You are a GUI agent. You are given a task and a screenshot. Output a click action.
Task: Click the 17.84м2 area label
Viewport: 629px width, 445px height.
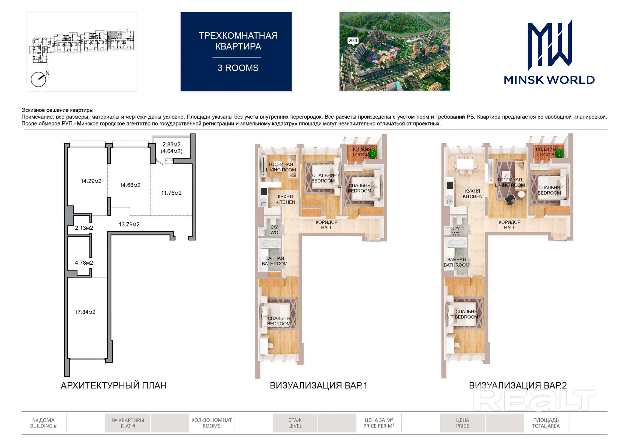click(85, 312)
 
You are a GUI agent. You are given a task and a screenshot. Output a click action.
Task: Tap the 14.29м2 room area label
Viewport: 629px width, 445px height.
click(91, 181)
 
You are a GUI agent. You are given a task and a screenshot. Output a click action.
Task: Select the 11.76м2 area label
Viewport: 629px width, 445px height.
click(171, 193)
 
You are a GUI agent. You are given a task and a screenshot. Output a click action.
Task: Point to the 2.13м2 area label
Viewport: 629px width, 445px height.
click(84, 228)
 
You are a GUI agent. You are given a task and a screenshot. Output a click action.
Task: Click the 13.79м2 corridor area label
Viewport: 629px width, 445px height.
click(129, 225)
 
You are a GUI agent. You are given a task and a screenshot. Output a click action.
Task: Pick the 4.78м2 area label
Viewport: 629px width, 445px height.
click(84, 262)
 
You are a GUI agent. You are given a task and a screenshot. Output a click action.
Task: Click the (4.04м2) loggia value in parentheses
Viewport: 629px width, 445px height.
click(171, 151)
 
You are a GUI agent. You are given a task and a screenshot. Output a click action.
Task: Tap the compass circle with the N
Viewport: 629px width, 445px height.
click(38, 79)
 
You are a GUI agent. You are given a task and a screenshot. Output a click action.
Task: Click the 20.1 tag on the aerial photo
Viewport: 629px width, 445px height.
click(353, 40)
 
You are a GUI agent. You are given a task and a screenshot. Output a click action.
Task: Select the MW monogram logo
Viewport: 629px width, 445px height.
click(550, 45)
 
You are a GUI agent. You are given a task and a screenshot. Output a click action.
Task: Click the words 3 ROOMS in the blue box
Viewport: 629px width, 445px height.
click(238, 68)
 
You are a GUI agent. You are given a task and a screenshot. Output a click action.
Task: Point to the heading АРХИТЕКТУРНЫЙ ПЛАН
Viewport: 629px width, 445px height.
click(114, 385)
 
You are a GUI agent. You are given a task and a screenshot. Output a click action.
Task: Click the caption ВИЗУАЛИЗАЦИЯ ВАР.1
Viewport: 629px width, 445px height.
click(318, 385)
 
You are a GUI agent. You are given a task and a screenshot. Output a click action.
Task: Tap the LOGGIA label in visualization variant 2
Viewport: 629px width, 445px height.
click(546, 155)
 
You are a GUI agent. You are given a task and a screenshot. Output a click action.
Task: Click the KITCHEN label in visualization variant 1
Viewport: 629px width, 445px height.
click(285, 202)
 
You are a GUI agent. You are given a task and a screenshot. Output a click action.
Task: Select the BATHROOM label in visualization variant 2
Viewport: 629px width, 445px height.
click(456, 265)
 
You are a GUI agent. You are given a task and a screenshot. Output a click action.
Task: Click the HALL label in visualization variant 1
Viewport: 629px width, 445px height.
click(326, 227)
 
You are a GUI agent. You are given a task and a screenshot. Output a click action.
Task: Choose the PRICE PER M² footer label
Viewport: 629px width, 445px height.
click(379, 426)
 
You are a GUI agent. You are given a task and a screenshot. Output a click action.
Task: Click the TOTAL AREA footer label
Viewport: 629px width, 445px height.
click(546, 426)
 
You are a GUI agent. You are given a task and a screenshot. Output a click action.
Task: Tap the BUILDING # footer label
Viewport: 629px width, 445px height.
click(43, 426)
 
